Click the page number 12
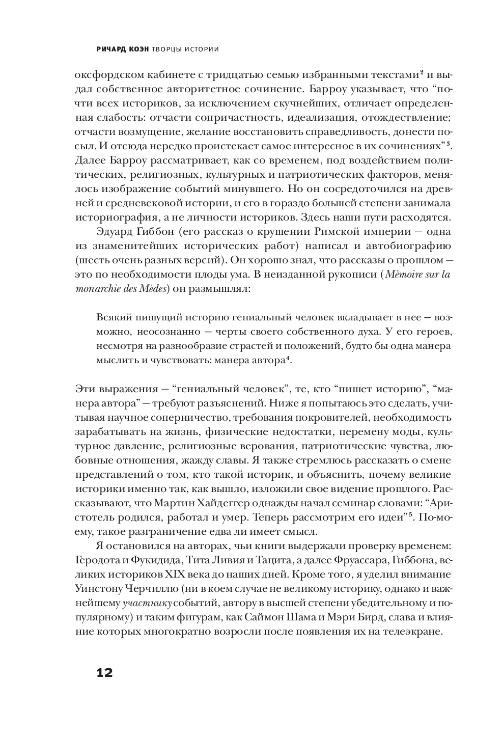click(104, 672)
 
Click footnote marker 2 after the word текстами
click(422, 73)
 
